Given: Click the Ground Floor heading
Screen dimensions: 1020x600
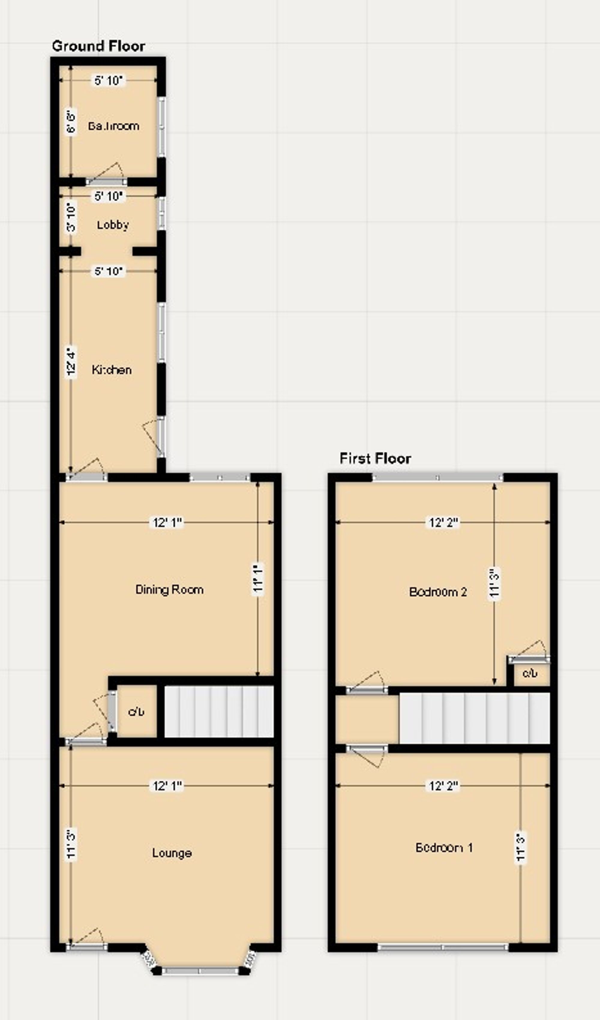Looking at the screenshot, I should point(98,46).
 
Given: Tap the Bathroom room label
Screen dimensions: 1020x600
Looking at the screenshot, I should point(114,126).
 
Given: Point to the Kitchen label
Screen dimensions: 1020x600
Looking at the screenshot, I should point(112,370).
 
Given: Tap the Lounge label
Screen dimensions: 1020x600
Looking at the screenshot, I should point(172,853).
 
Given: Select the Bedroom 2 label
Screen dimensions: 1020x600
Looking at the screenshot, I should point(438,592).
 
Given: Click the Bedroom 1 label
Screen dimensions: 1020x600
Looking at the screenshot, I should point(444,847).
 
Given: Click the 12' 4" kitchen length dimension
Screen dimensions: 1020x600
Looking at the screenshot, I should point(71,362).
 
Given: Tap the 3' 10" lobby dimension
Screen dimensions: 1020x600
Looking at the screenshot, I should point(71,217).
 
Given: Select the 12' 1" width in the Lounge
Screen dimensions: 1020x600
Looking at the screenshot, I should point(167,786).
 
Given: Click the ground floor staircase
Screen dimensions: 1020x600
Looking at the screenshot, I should point(219,711).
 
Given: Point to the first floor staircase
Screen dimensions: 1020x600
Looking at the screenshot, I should point(474,718).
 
